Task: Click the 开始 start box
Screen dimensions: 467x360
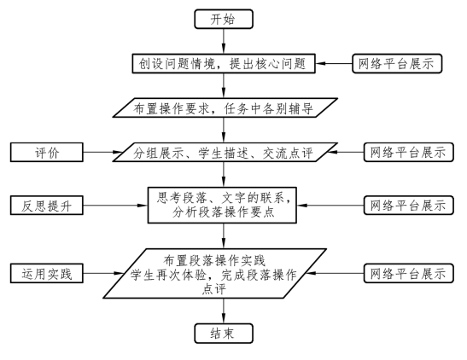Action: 224,20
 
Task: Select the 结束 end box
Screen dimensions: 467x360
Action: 224,334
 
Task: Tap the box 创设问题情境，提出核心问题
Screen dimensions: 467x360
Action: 224,63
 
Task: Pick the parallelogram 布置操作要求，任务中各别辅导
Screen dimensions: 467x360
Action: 225,107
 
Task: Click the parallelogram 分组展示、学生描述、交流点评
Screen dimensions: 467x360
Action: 225,152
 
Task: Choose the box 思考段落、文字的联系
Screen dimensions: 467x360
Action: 222,205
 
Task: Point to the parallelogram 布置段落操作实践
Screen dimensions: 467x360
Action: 215,274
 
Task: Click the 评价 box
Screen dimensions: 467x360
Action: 47,153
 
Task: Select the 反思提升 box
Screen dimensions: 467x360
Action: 47,206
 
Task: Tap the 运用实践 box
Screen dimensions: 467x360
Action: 47,273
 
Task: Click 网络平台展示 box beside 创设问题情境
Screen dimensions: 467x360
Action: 397,63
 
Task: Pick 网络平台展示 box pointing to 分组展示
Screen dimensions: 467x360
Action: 409,152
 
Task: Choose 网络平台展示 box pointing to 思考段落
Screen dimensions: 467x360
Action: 409,205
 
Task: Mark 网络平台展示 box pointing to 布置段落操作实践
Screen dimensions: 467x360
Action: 409,273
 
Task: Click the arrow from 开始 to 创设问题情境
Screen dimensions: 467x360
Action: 224,41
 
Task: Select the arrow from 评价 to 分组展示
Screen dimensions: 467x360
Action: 102,153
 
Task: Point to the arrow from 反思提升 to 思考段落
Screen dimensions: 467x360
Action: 115,206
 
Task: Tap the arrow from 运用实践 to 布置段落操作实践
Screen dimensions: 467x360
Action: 103,273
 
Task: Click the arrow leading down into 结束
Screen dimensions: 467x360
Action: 224,311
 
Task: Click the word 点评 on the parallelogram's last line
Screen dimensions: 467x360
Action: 213,289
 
